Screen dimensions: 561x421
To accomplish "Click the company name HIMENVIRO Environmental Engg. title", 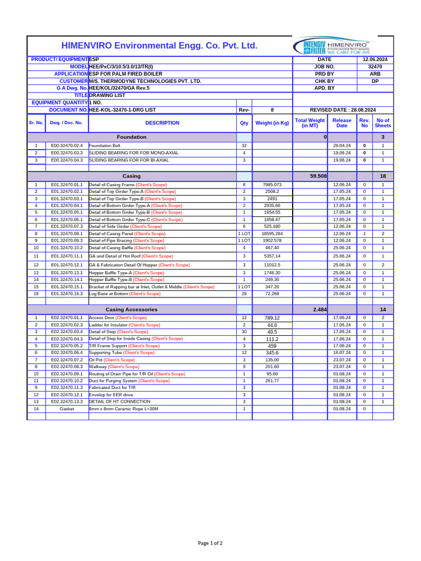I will coord(159,45).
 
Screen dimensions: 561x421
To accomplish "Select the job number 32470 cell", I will coord(375,66).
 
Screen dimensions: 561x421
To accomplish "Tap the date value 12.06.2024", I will coord(375,59).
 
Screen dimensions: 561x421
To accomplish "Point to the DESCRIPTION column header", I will coord(162,123).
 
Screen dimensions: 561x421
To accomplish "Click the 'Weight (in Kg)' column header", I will coord(272,123).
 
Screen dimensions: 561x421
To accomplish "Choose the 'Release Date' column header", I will coord(342,123).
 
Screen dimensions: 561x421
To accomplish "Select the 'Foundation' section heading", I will coord(132,137).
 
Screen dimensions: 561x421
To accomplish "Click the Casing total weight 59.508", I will coord(318,176).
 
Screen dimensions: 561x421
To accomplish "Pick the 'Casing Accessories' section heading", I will coord(132,310).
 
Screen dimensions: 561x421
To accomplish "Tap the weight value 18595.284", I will coord(272,233).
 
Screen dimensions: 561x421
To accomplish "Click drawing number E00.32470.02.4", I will coord(66,146).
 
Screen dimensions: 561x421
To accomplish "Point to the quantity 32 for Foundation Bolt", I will coord(244,146).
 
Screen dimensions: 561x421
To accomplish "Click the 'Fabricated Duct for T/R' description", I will coord(112,387).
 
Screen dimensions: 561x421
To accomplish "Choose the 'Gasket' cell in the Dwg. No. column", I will coord(66,409).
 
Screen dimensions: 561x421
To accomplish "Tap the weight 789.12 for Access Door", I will coord(272,318).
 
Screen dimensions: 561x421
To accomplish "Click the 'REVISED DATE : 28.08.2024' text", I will coord(343,110).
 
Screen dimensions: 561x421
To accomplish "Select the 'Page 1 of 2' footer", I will coord(210,543).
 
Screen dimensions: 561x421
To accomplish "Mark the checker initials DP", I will coord(375,81).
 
